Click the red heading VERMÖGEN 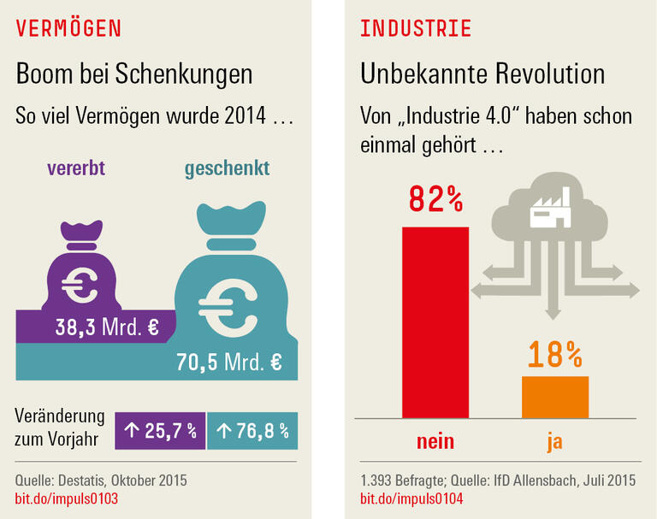(x=68, y=28)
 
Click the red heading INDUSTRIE (x=416, y=28)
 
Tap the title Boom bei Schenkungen (x=134, y=74)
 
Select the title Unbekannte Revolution (x=482, y=74)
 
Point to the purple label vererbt (x=75, y=168)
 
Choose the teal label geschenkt (x=228, y=168)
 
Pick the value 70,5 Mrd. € (x=228, y=362)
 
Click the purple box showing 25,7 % (x=160, y=430)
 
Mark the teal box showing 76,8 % (x=252, y=430)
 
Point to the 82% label (x=435, y=199)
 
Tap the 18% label (x=554, y=353)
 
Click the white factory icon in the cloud (x=549, y=210)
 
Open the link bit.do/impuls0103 (x=67, y=498)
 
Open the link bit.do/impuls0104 (x=412, y=498)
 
